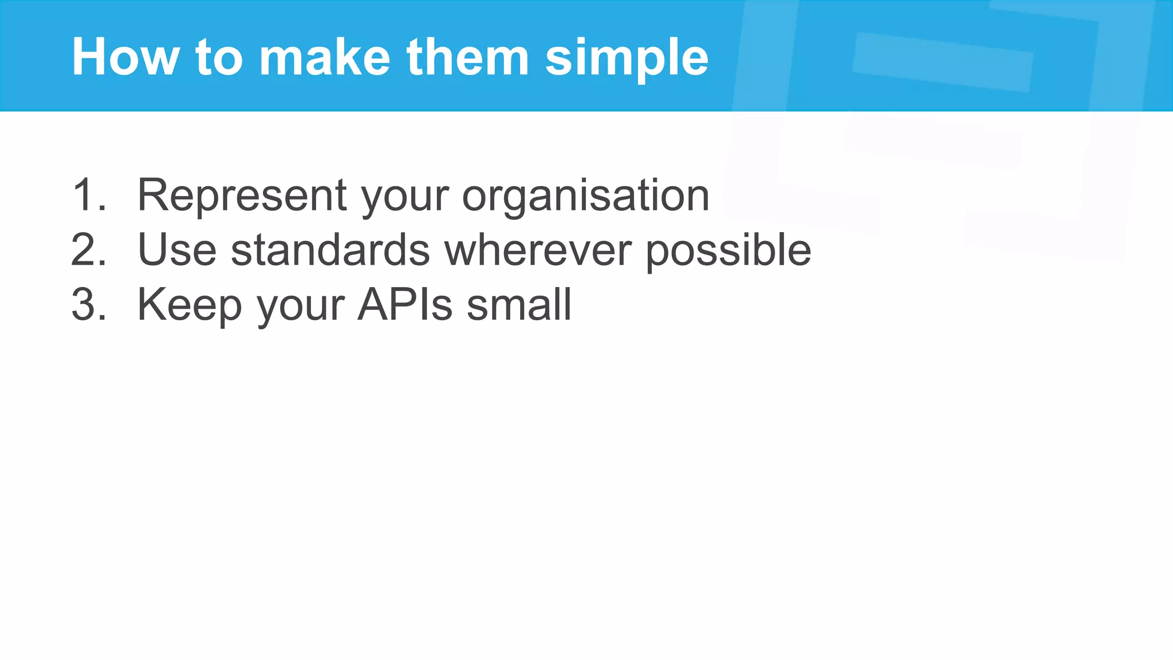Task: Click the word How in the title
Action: click(x=125, y=57)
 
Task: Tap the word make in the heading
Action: click(x=325, y=57)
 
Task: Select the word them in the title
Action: click(x=467, y=57)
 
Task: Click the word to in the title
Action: click(x=219, y=57)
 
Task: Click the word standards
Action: click(x=330, y=250)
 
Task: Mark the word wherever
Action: click(x=538, y=250)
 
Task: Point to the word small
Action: click(x=519, y=305)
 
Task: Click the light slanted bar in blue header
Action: click(x=942, y=62)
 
